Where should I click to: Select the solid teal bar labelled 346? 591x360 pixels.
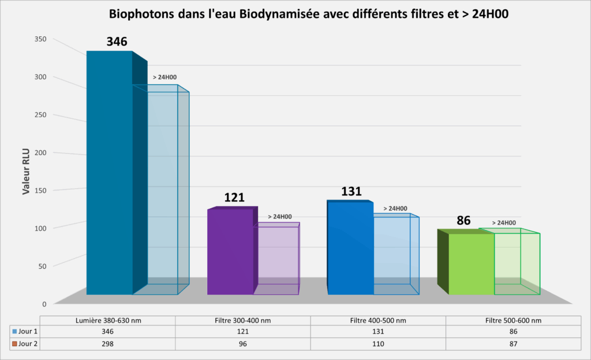pos(110,173)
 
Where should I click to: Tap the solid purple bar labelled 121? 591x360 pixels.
pos(230,251)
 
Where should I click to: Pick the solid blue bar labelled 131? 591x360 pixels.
pos(350,248)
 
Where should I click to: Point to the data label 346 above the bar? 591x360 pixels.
pos(117,42)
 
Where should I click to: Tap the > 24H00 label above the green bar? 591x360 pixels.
pos(504,223)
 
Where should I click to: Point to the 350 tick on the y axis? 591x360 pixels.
pos(40,39)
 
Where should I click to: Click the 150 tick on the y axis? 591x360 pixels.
pos(40,190)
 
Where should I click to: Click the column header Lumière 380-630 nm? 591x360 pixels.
pos(107,321)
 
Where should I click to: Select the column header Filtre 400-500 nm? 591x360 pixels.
pos(378,321)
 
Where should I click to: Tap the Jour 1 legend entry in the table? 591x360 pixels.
pos(25,332)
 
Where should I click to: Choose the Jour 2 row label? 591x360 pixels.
pos(25,343)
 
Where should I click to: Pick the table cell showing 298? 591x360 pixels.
pos(107,343)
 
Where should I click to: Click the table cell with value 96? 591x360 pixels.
pos(242,343)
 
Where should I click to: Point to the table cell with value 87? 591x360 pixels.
pos(513,343)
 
